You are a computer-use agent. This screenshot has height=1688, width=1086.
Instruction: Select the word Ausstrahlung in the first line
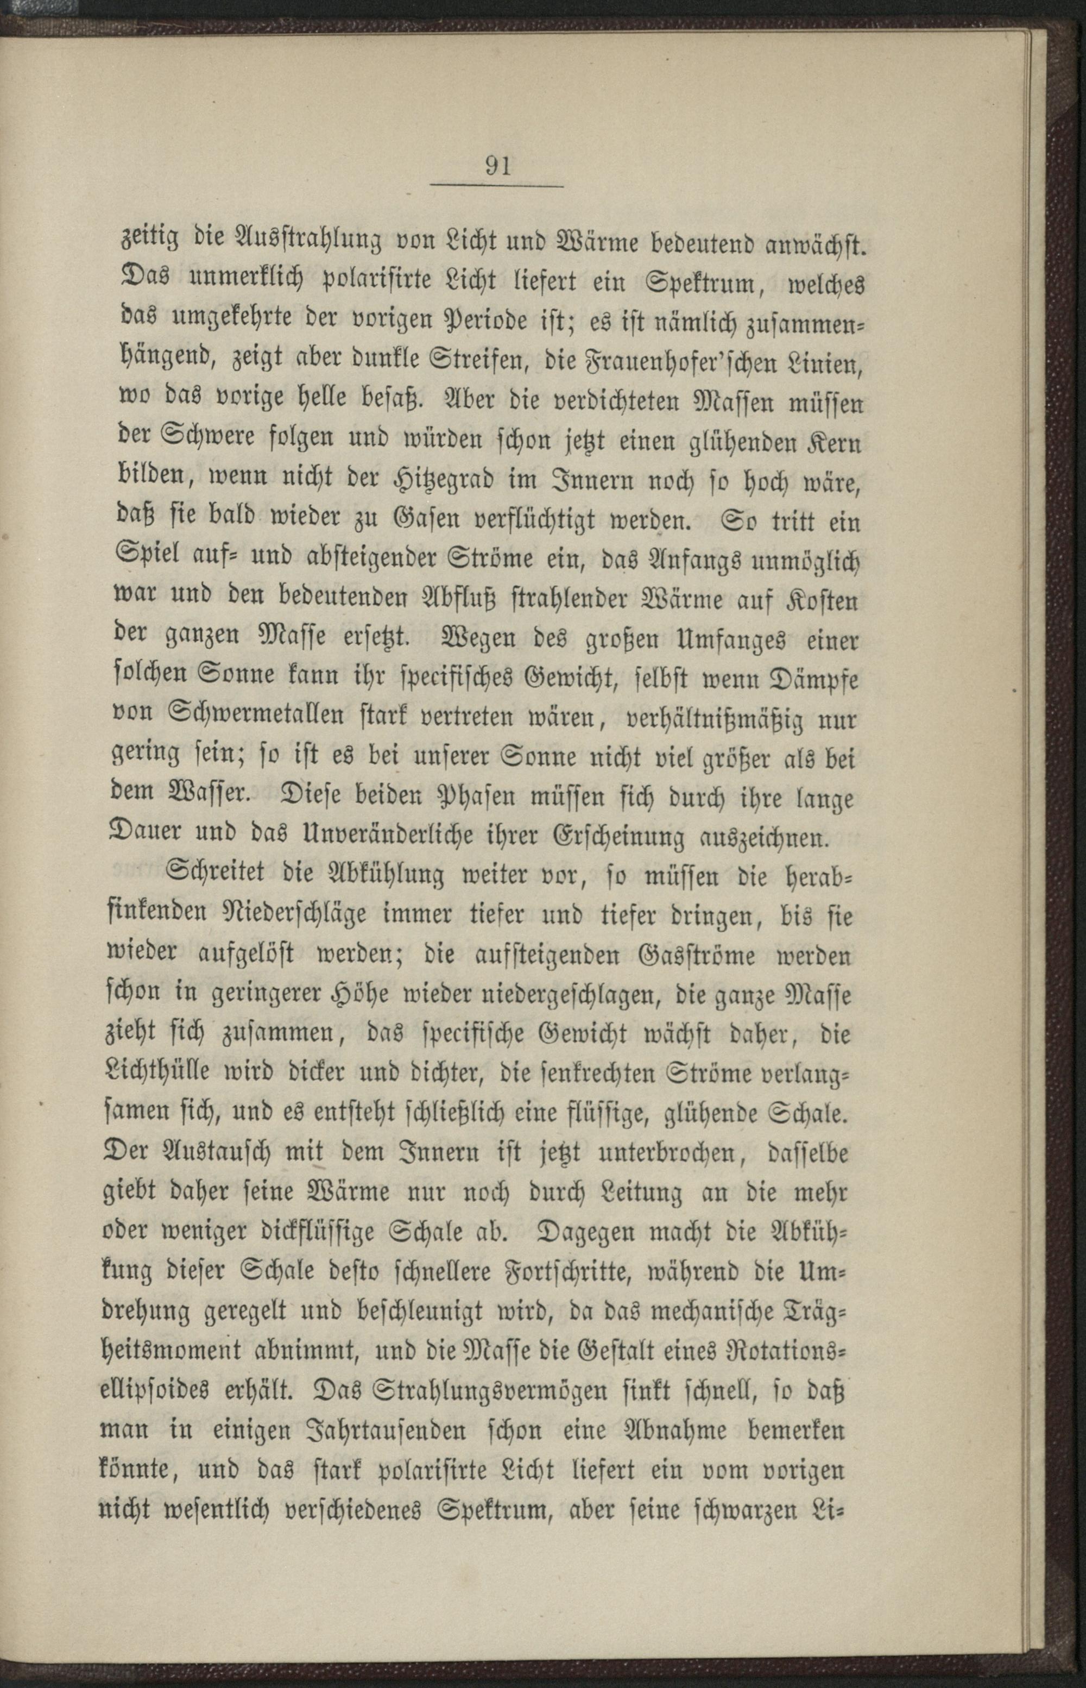307,243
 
